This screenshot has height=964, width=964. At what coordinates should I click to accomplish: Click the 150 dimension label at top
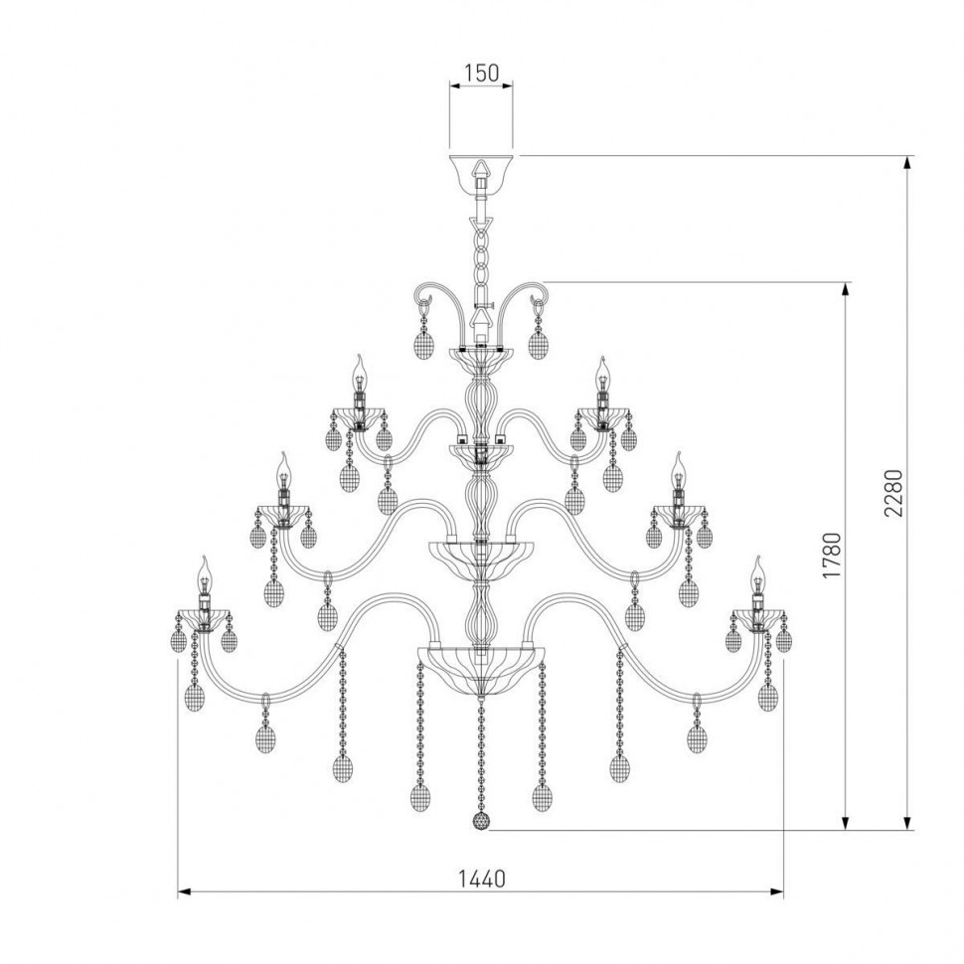481,73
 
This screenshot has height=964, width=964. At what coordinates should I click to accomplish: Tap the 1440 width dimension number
481,879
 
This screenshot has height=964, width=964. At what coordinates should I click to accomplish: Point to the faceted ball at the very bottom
481,823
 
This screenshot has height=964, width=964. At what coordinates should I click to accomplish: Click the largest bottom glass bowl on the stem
481,663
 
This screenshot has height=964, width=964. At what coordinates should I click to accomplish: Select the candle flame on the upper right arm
602,372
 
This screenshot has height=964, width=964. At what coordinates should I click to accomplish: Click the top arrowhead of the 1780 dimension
846,289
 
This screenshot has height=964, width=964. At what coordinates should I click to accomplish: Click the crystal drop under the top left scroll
422,343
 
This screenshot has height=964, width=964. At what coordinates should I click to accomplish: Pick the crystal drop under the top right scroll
539,343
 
